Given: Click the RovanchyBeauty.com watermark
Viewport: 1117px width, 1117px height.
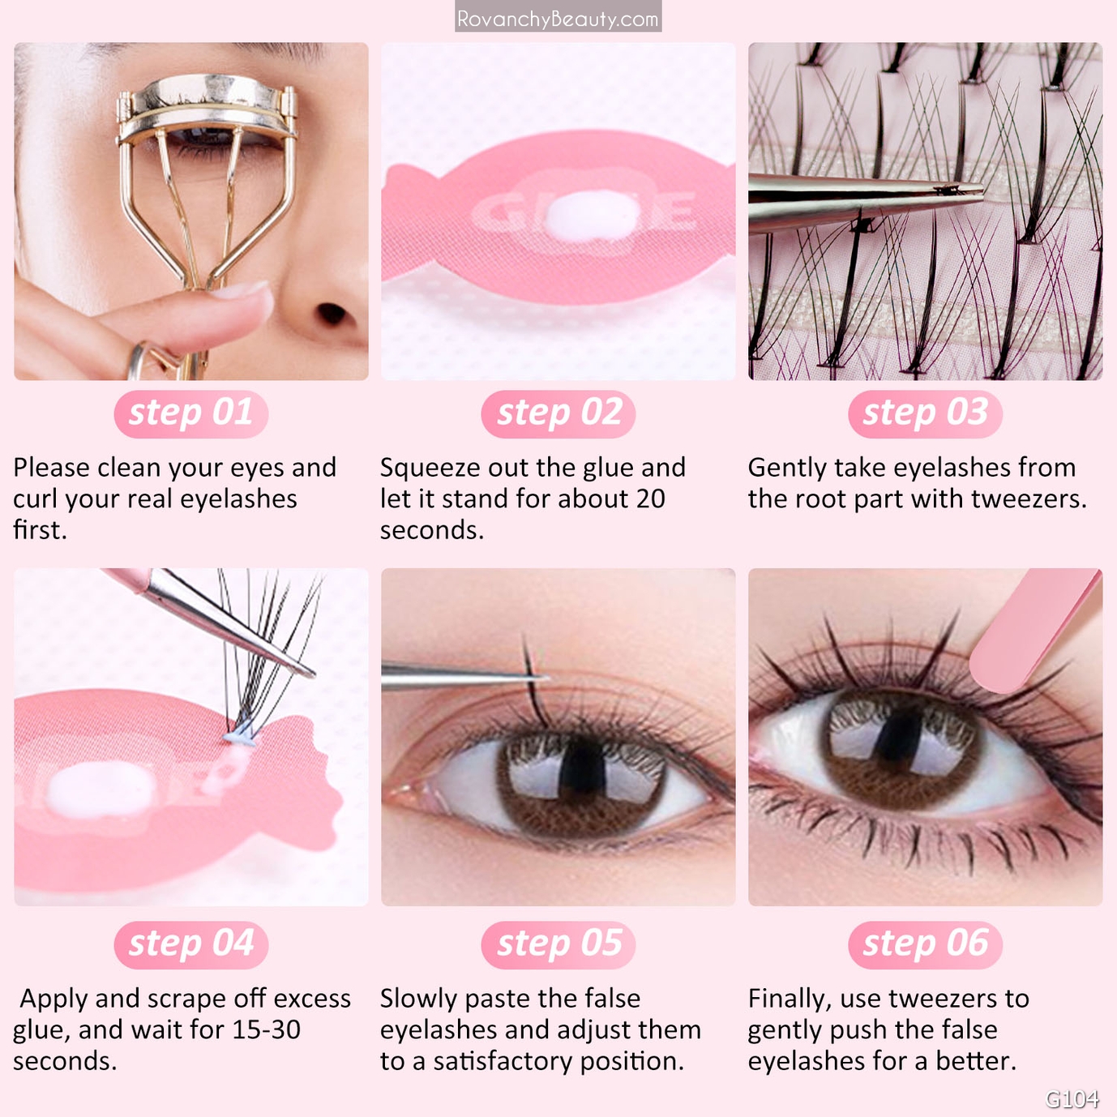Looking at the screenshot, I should [x=558, y=18].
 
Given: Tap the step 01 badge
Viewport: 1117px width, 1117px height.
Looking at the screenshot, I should [x=191, y=413].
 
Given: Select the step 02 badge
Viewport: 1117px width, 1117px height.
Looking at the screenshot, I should [x=558, y=413].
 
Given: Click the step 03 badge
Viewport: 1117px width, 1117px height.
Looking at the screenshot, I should [x=925, y=413].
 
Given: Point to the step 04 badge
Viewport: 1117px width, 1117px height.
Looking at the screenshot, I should [x=191, y=944].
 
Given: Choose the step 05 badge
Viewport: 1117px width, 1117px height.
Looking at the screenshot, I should [x=558, y=944].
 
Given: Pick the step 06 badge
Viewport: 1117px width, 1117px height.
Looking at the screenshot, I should [x=925, y=944].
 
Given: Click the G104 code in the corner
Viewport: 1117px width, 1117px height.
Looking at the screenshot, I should [x=1072, y=1099].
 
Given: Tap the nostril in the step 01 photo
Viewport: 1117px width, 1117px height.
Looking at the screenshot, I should [x=332, y=314].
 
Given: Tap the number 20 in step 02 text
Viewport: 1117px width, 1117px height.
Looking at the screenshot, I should [x=650, y=499].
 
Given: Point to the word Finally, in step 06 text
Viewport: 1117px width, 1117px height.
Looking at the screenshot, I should [x=790, y=999].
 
